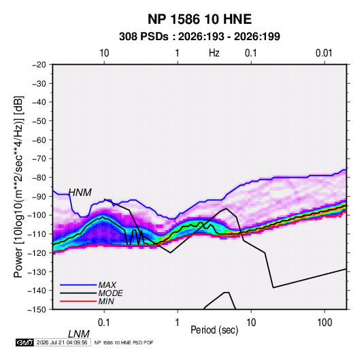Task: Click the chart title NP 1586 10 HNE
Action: pos(199,19)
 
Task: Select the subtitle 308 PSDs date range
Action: pos(199,37)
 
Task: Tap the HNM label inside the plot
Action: pos(80,193)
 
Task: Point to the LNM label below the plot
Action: pos(79,334)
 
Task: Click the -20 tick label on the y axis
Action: pos(39,65)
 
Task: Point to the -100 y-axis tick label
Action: pos(37,215)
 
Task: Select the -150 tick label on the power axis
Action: pos(37,310)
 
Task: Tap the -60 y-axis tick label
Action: pos(39,140)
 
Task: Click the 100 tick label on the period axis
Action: pos(325,323)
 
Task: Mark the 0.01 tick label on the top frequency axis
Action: pos(324,53)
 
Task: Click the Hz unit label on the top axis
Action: pos(214,53)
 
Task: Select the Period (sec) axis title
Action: pos(214,330)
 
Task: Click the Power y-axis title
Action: pos(18,187)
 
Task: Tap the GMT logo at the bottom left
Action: pos(24,342)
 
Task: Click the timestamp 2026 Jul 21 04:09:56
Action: pos(62,342)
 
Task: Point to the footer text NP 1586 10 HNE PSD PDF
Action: pos(124,342)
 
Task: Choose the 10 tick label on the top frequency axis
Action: pos(104,53)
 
